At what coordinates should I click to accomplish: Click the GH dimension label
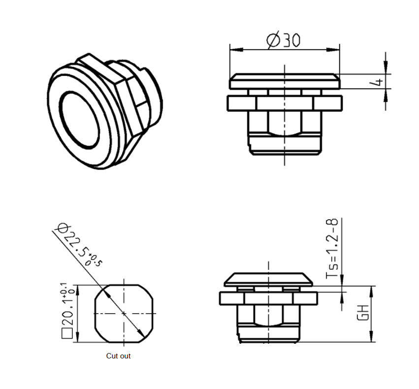click(x=363, y=313)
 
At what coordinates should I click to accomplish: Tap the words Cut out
click(x=118, y=356)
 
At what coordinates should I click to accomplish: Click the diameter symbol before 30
click(x=273, y=40)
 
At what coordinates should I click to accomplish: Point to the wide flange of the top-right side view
click(x=285, y=103)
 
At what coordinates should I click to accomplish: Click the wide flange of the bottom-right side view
click(x=268, y=298)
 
